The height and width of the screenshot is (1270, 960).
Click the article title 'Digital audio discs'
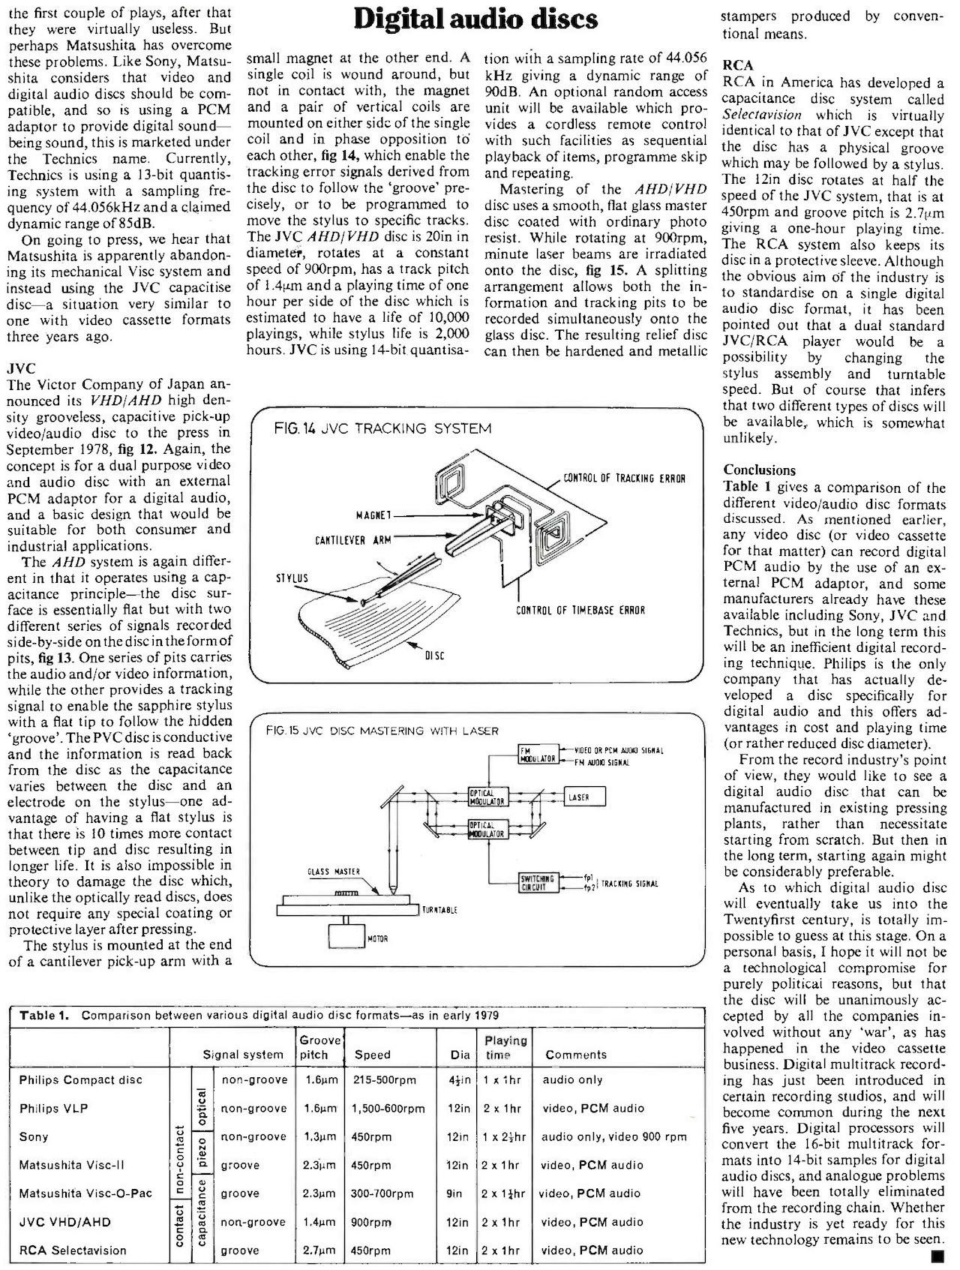[x=477, y=20]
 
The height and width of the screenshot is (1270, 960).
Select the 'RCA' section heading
[x=738, y=65]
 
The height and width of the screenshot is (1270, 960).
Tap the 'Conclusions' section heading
[x=759, y=470]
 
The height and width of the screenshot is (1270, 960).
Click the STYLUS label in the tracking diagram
[x=292, y=578]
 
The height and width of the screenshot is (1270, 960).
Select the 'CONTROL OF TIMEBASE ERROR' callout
[x=580, y=610]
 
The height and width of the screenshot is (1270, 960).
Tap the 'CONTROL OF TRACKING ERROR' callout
[x=624, y=478]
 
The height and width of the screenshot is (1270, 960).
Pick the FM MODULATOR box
[x=537, y=754]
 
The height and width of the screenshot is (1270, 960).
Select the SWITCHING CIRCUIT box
[x=538, y=883]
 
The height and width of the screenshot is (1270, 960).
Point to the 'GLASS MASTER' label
[x=334, y=872]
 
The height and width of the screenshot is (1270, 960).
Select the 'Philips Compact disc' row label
[x=81, y=1080]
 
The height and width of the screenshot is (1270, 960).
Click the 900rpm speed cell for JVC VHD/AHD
[x=371, y=1222]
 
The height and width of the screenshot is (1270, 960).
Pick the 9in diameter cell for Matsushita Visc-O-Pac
[x=454, y=1193]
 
